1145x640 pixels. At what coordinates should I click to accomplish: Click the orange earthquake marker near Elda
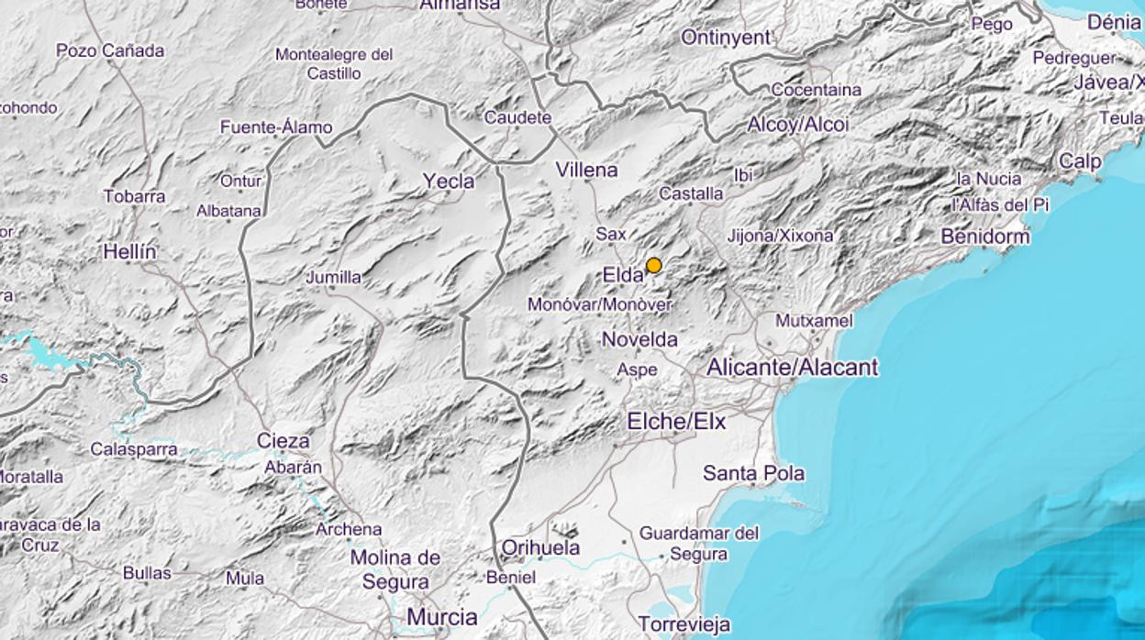pyautogui.click(x=653, y=266)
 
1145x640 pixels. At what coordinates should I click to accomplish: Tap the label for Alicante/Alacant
pyautogui.click(x=792, y=368)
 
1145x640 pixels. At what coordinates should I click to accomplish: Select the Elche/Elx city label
pyautogui.click(x=676, y=421)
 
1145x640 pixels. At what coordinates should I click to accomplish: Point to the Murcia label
pyautogui.click(x=442, y=615)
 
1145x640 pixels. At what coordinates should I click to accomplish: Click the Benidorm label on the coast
pyautogui.click(x=985, y=237)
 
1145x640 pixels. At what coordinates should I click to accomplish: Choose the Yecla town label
pyautogui.click(x=449, y=182)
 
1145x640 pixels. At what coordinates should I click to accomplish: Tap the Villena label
pyautogui.click(x=586, y=170)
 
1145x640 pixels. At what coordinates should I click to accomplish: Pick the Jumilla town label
pyautogui.click(x=333, y=277)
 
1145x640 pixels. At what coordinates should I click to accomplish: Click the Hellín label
pyautogui.click(x=129, y=251)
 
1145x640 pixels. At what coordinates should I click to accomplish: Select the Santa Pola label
pyautogui.click(x=753, y=473)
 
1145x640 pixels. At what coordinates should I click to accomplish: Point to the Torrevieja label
pyautogui.click(x=684, y=625)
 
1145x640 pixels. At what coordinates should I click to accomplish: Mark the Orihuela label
pyautogui.click(x=540, y=547)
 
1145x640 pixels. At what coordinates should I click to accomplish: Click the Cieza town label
pyautogui.click(x=283, y=441)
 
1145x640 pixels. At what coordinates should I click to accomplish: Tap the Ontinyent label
pyautogui.click(x=726, y=38)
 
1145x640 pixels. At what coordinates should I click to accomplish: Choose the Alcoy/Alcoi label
pyautogui.click(x=798, y=125)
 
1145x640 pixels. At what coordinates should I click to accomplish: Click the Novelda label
pyautogui.click(x=639, y=339)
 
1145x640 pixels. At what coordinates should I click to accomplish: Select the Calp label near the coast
pyautogui.click(x=1080, y=161)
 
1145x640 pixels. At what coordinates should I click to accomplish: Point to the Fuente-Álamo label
pyautogui.click(x=276, y=127)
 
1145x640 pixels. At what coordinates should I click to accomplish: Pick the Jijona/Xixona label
pyautogui.click(x=780, y=236)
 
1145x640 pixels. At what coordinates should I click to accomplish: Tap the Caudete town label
pyautogui.click(x=517, y=117)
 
